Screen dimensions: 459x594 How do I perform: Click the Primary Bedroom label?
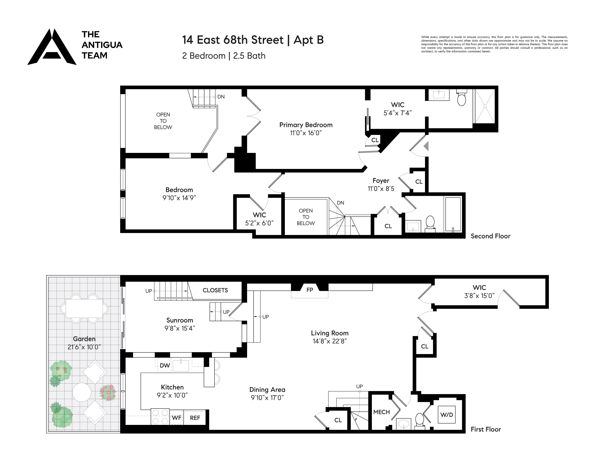(x=306, y=125)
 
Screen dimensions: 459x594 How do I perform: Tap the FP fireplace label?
(x=310, y=290)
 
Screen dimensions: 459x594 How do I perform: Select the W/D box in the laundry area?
(x=447, y=415)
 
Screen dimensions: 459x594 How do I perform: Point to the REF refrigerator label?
(x=195, y=418)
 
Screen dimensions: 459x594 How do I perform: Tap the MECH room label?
(x=381, y=412)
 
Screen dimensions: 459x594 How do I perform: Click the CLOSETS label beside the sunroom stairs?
(x=215, y=290)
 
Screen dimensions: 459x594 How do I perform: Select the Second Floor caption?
(x=490, y=236)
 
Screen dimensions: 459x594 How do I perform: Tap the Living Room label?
(x=330, y=333)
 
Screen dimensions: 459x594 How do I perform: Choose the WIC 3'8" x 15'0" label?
(x=479, y=292)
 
